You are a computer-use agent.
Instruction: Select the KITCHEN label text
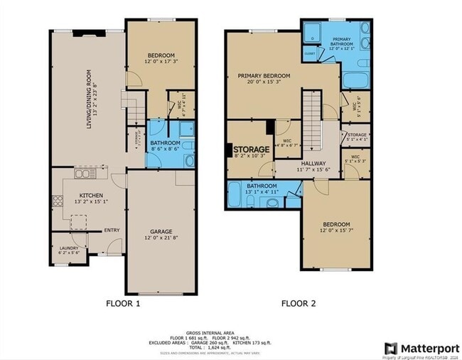coord(91,195)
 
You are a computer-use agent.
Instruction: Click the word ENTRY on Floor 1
coord(112,230)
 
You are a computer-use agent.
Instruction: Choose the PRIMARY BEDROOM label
coord(264,76)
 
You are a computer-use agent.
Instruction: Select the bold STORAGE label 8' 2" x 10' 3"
coord(251,149)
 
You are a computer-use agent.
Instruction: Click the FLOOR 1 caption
coord(123,304)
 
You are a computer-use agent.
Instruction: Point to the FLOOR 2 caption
coord(298,304)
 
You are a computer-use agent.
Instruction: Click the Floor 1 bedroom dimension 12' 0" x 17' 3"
coord(161,62)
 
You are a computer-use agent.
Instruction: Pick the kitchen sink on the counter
coord(85,173)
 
